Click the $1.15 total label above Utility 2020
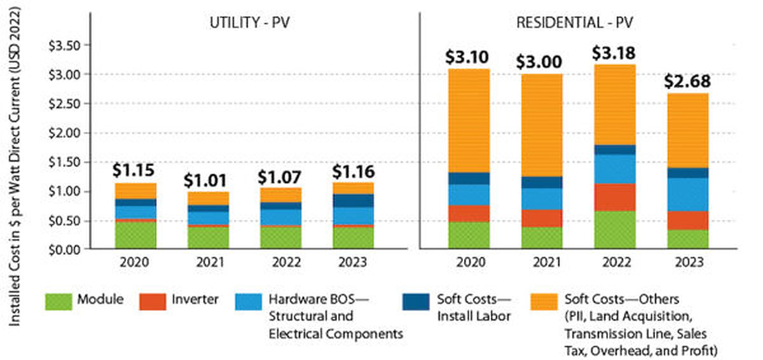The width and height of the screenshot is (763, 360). [x=134, y=170]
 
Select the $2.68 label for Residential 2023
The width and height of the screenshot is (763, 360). [x=689, y=81]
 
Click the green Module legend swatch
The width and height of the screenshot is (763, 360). [x=59, y=300]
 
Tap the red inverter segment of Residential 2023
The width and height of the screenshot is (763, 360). [x=689, y=220]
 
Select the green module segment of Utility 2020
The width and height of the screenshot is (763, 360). [x=134, y=234]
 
